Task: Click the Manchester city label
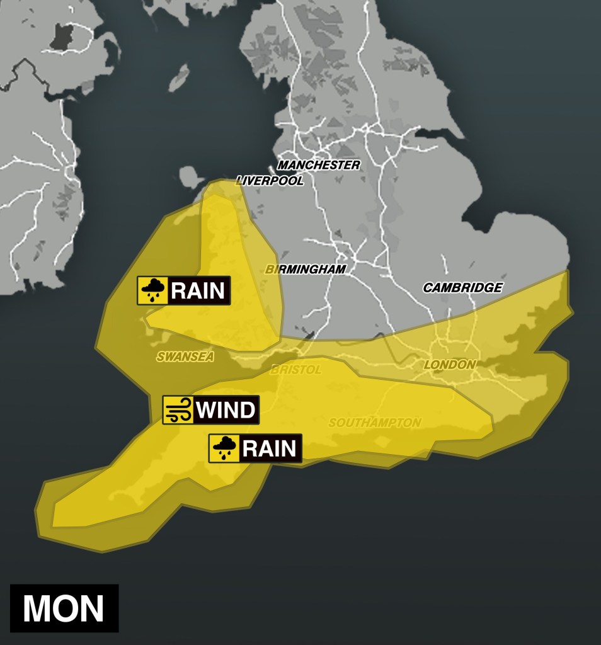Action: (319, 165)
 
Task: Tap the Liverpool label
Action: (270, 181)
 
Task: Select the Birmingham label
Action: (306, 269)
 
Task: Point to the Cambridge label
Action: (462, 288)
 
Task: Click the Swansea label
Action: (185, 357)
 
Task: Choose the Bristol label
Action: (295, 370)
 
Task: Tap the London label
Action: (449, 365)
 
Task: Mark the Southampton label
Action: (375, 423)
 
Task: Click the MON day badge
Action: (64, 608)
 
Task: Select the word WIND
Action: (226, 410)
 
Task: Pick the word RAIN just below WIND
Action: (269, 448)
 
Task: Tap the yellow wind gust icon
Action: (178, 410)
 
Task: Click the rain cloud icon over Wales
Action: (152, 290)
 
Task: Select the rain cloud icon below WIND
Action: (224, 448)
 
